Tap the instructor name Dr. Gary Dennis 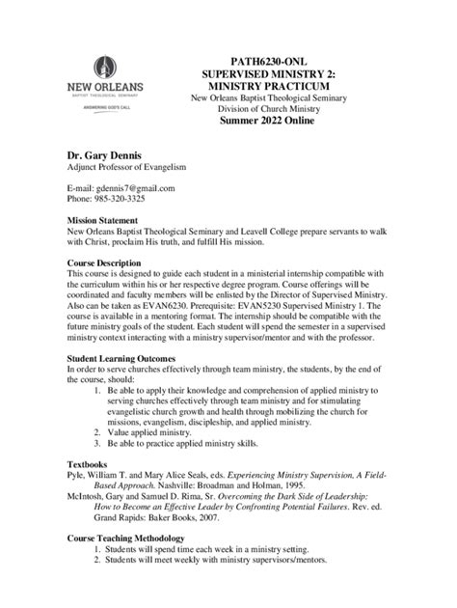pos(106,153)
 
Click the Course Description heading pos(112,263)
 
